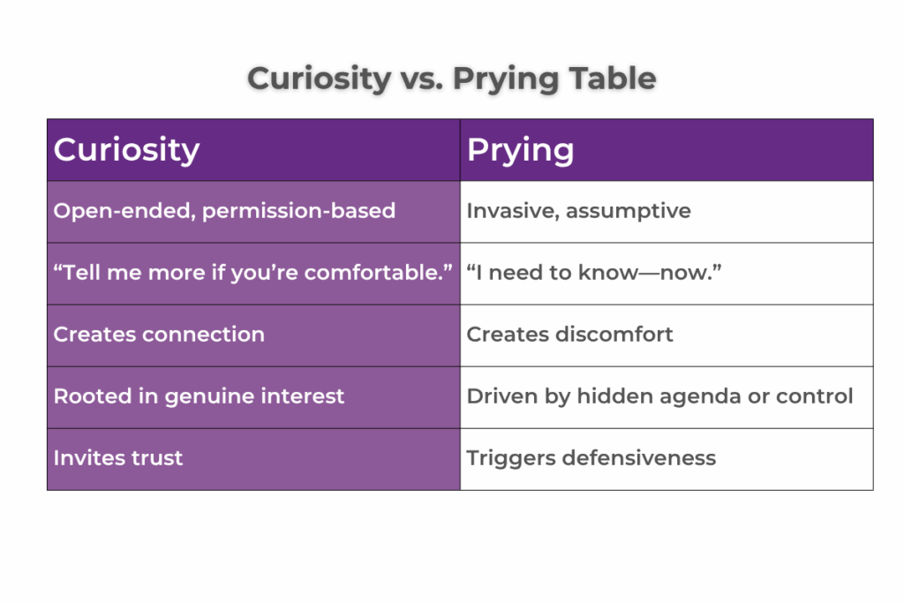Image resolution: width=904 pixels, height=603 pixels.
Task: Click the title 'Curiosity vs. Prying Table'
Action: [x=451, y=79]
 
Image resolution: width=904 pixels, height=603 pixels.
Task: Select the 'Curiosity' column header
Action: [x=126, y=150]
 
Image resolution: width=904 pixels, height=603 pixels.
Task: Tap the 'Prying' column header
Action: [x=520, y=150]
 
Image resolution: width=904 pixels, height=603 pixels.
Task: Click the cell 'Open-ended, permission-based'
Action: [x=224, y=211]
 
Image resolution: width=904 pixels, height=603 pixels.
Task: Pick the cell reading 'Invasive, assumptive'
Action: [x=578, y=211]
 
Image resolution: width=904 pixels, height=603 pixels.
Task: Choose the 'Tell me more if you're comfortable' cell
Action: [x=253, y=273]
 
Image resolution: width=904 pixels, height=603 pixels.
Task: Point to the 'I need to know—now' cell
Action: [x=594, y=273]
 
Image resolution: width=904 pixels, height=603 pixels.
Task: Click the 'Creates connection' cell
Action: [x=159, y=335]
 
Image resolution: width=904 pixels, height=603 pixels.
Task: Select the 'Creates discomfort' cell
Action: [x=569, y=335]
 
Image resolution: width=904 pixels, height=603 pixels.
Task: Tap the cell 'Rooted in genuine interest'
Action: [x=199, y=396]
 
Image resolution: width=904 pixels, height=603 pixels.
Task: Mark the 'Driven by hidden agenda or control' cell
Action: [x=659, y=396]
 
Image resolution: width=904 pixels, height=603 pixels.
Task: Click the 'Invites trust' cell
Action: [x=118, y=458]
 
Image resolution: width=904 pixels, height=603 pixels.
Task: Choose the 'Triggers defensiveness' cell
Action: [x=591, y=458]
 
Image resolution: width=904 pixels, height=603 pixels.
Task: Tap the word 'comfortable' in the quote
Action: [x=382, y=273]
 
